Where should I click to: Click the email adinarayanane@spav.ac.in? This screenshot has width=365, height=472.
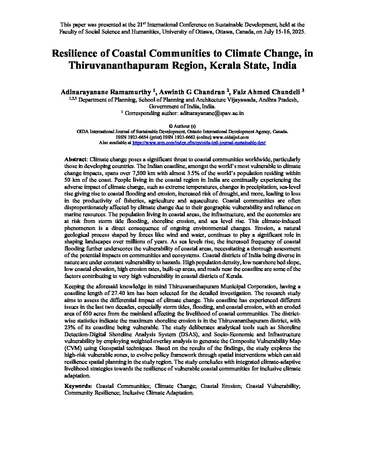pyautogui.click(x=212, y=113)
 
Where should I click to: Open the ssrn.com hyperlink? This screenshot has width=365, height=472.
pyautogui.click(x=199, y=142)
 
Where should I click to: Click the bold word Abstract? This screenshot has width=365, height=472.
pyautogui.click(x=75, y=159)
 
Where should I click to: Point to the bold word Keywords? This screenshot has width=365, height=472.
pyautogui.click(x=78, y=386)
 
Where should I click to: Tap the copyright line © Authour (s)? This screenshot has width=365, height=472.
pyautogui.click(x=182, y=126)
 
